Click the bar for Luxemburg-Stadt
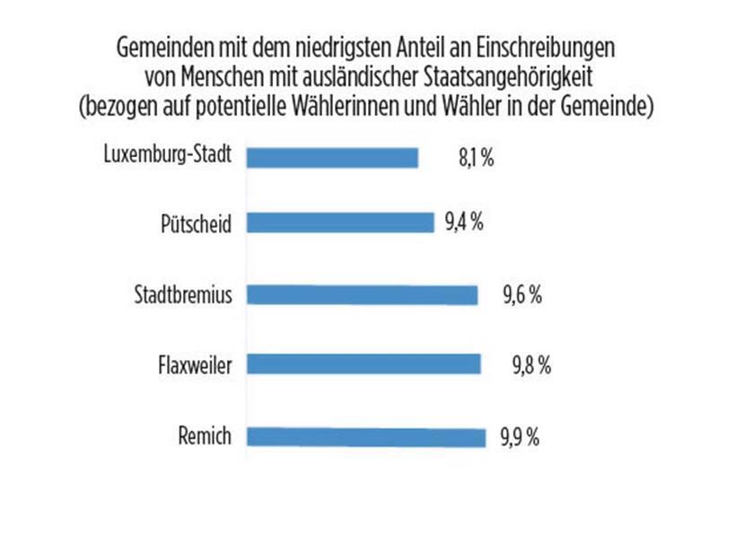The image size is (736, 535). coord(332,157)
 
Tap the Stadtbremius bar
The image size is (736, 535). coord(361,294)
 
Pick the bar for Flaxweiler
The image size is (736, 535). coord(363,364)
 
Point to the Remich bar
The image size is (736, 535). coord(364,437)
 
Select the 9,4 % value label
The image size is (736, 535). coord(464,223)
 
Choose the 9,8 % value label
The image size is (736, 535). coord(530,365)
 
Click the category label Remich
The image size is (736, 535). coord(206,437)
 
